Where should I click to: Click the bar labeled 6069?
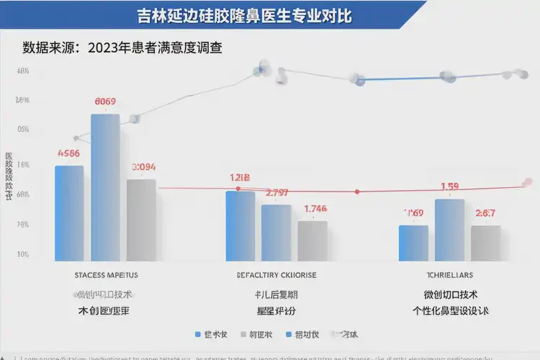point(105,187)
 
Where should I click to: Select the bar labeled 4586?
point(69,213)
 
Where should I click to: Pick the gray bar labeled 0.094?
point(141,220)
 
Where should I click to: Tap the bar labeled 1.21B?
point(240,226)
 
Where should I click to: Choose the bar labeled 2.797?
point(276,233)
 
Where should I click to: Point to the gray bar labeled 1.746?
point(312,240)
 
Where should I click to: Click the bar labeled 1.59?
point(449,230)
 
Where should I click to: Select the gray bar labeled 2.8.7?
point(485,243)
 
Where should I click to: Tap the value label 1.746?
point(315,209)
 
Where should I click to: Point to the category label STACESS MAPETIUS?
point(107,275)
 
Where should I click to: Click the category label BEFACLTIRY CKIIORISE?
point(276,275)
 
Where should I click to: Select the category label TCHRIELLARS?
point(450,275)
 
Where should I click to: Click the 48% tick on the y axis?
point(22,71)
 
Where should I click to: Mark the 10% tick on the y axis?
point(22,255)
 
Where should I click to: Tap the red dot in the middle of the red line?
point(357,192)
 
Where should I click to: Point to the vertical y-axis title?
point(9,176)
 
